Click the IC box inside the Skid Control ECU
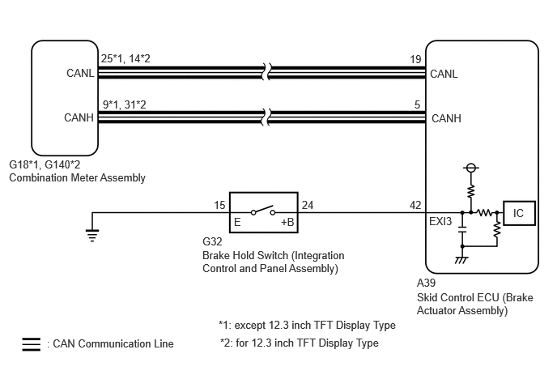519,213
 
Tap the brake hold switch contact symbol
263,211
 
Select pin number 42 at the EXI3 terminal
415,205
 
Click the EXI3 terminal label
440,221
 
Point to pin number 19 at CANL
415,59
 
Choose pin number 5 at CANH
417,104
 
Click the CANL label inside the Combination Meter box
80,73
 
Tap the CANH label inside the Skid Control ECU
446,118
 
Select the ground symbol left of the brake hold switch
92,236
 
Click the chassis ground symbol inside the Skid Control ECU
461,260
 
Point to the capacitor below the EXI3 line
462,229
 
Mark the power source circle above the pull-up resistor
470,168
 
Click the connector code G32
212,241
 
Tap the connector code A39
426,283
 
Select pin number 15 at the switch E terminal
219,205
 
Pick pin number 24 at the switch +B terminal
308,205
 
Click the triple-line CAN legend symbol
32,344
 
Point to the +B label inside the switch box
287,222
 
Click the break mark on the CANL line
267,72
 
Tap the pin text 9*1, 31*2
125,104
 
